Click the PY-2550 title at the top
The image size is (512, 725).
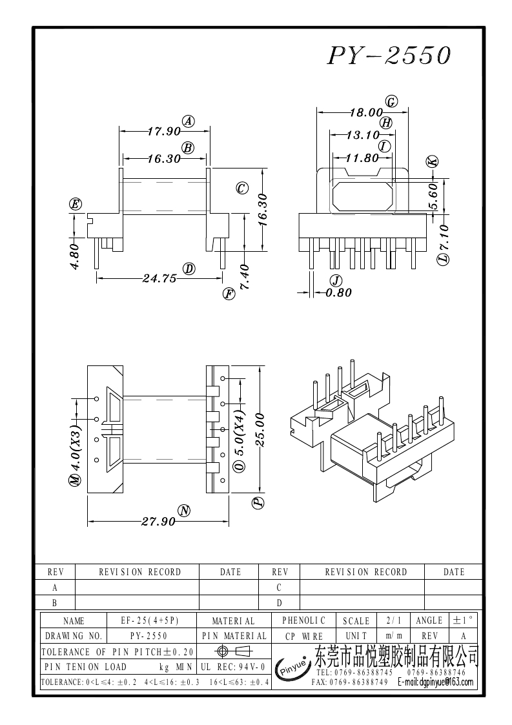coord(389,57)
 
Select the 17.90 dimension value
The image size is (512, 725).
coord(163,132)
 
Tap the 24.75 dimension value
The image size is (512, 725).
coord(159,279)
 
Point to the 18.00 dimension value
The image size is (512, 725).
coord(366,113)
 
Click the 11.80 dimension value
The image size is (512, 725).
coord(362,158)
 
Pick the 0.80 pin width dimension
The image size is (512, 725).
coord(338,292)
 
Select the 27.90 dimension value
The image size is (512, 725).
coord(158,522)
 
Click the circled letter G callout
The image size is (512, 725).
coord(391,101)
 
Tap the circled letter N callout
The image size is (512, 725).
coord(185,511)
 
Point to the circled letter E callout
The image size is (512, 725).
coord(76,205)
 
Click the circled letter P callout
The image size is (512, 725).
coord(258,503)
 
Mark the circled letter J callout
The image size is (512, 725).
coord(335,280)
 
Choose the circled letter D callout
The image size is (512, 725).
coord(189,269)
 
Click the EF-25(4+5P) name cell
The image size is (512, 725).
coord(149,621)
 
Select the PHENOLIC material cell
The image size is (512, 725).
coord(304,620)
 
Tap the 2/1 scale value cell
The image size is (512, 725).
coord(393,621)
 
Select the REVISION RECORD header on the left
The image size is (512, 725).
coord(139,572)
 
